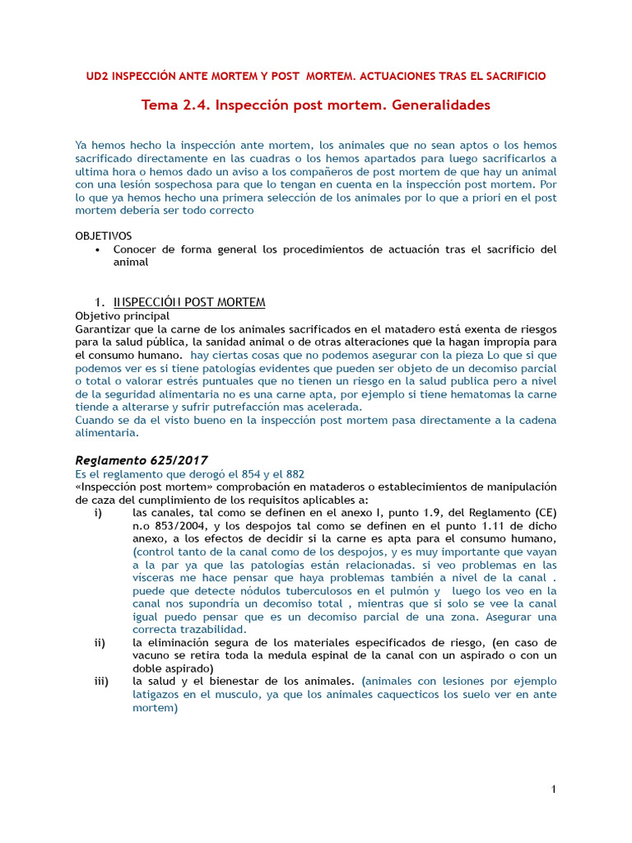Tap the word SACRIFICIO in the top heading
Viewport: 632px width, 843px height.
click(512, 76)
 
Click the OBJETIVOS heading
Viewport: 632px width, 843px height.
click(104, 235)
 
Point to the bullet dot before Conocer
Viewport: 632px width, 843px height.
click(99, 249)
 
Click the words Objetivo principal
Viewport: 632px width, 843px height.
click(123, 315)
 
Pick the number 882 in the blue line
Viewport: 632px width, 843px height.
click(293, 473)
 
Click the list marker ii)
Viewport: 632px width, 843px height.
click(100, 642)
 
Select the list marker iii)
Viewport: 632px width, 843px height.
click(101, 681)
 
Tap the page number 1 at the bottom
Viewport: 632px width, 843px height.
click(554, 790)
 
